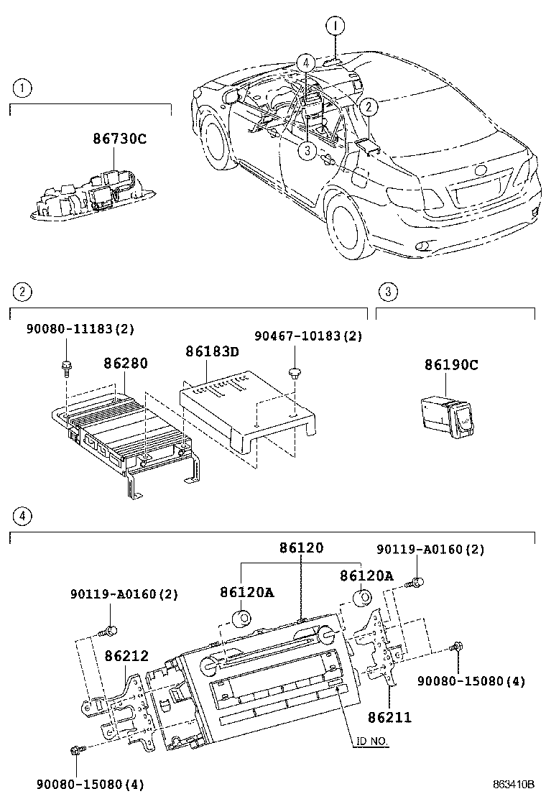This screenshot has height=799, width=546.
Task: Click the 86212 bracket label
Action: (126, 655)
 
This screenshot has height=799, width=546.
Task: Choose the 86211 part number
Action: (390, 717)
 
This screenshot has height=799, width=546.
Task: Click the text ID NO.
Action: (370, 741)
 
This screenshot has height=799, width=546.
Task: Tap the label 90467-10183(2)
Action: (309, 336)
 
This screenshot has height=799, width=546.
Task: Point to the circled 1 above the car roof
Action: (334, 26)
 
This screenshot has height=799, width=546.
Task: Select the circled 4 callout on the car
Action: (305, 63)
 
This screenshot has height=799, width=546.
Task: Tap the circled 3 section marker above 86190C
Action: (387, 291)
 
